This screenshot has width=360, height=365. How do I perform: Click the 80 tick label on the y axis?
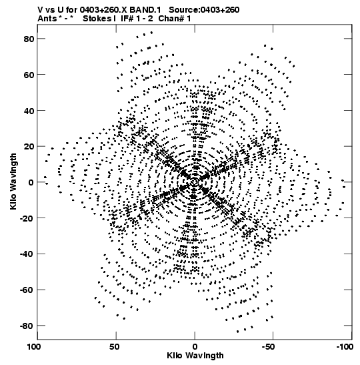29,39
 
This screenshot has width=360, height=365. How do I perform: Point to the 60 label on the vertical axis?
29,75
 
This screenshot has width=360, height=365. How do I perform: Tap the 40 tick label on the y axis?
29,111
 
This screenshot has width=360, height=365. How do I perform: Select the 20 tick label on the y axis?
29,147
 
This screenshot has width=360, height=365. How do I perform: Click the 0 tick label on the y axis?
31,182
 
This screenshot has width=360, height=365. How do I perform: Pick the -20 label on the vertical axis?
27,218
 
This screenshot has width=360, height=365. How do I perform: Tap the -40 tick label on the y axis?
27,254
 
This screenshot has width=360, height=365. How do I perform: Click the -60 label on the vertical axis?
27,290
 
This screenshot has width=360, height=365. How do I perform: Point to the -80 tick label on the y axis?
27,326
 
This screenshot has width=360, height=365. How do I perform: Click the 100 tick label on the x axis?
35,347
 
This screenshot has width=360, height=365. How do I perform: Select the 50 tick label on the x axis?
115,347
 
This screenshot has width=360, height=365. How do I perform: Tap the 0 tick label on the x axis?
195,347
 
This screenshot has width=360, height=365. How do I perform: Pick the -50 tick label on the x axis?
268,347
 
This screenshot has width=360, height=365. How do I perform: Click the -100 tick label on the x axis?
345,347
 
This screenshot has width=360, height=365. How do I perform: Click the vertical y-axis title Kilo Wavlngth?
13,181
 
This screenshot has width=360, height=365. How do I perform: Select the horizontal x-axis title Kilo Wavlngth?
195,356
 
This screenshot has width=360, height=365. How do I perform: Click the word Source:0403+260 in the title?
204,10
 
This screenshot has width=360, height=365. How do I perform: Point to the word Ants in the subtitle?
47,19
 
